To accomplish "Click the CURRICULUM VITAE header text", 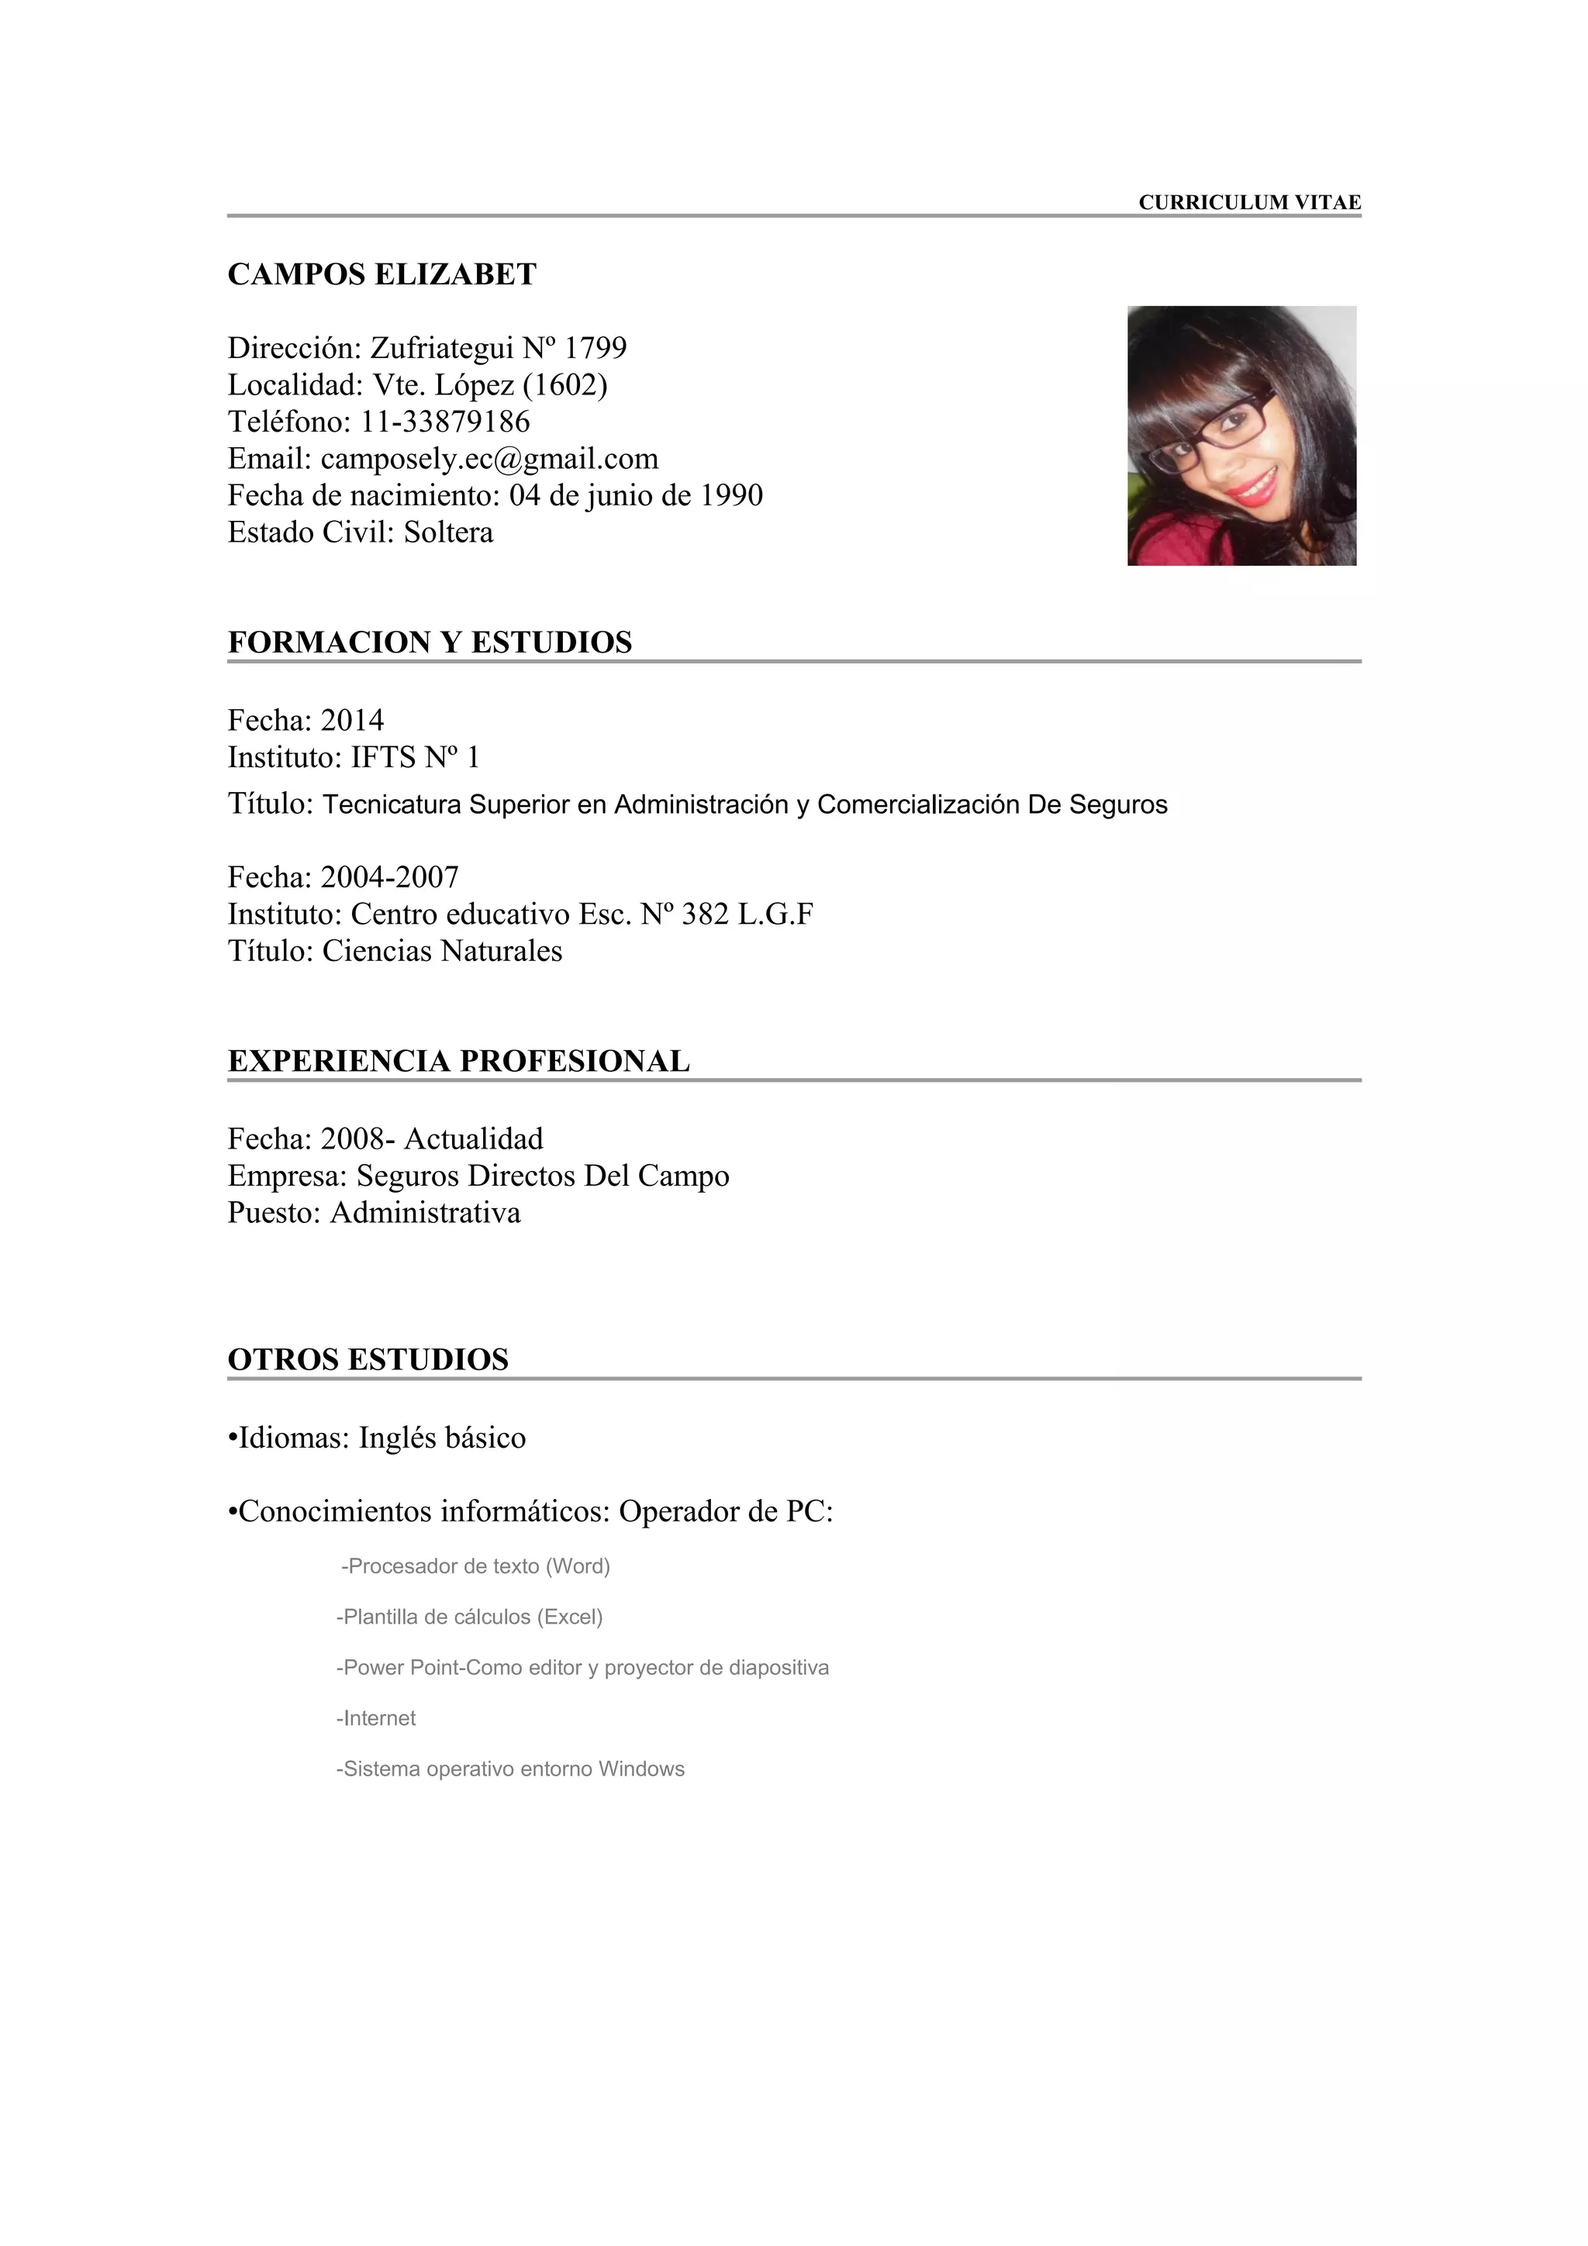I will coord(1248,202).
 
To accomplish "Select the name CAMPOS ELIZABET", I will coord(381,275).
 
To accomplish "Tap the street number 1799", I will coord(595,348).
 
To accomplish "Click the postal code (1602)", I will coord(564,385).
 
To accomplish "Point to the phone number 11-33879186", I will coord(445,422).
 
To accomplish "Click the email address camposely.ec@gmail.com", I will coord(489,459).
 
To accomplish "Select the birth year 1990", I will coord(731,496).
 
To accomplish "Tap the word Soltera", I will coord(448,533).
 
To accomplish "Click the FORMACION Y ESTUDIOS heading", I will coord(430,642).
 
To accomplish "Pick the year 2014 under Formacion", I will coord(352,721).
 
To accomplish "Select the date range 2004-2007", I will coord(389,877).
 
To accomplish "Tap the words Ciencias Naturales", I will coord(442,952).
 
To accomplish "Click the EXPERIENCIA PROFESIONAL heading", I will coord(458,1061).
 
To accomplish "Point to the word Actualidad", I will coord(474,1139).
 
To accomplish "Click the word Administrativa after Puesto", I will coord(426,1214).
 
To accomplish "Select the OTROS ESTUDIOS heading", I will coord(368,1359).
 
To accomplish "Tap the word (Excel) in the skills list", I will coord(572,1617).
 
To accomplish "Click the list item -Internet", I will coord(377,1719).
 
